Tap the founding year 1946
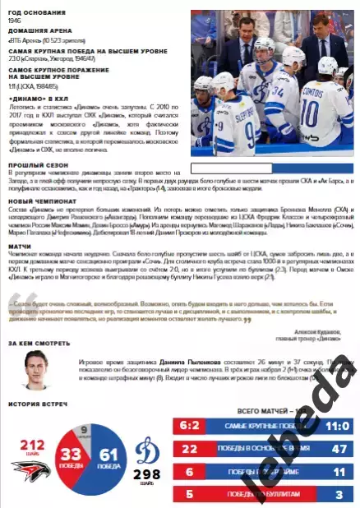(13, 20)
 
